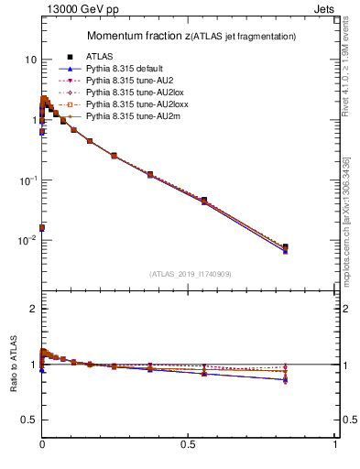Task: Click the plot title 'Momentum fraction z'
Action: pos(138,36)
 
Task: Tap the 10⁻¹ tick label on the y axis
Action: pos(27,180)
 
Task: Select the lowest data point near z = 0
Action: pos(42,227)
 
